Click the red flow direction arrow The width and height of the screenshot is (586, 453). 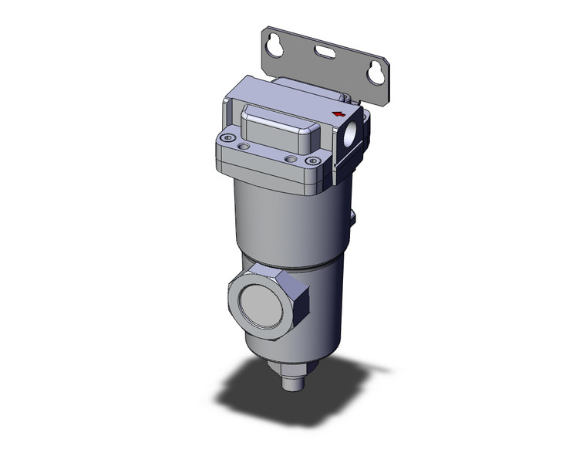(x=337, y=115)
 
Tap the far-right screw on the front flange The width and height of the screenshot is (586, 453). (x=312, y=161)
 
